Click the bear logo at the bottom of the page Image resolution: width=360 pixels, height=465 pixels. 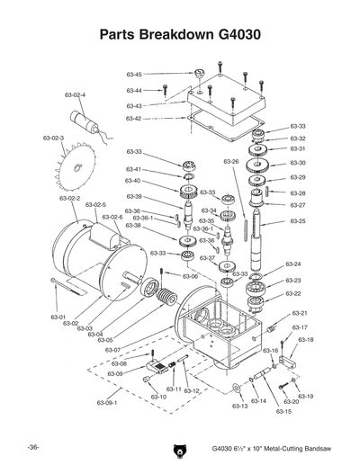[174, 450]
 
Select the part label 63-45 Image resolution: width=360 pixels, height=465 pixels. [133, 75]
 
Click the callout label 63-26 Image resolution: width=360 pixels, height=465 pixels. [231, 162]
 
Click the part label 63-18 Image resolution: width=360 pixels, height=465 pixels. [305, 340]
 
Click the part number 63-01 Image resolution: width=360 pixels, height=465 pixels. [58, 317]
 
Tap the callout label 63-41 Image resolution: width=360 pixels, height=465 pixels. [133, 169]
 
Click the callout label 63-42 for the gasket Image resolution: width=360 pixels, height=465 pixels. [133, 119]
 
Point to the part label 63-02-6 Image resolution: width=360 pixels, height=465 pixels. [111, 218]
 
